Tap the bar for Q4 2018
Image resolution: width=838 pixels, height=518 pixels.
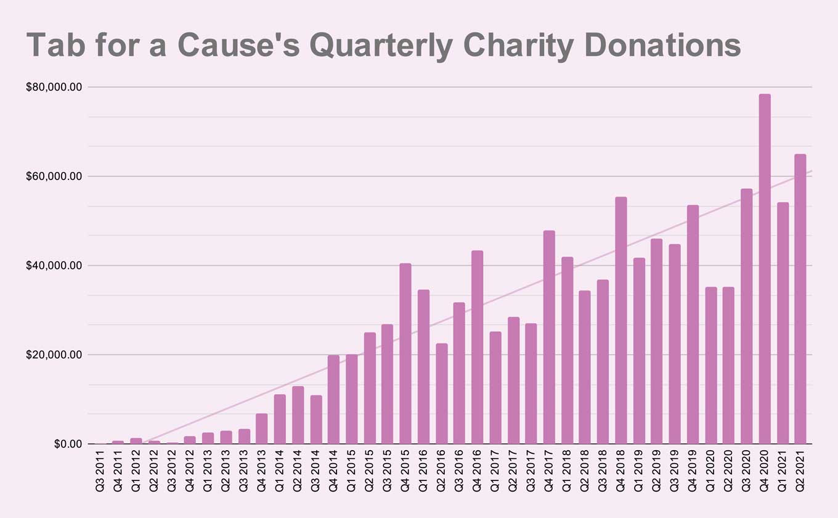tap(621, 321)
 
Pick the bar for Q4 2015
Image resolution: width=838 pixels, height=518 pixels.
tap(405, 354)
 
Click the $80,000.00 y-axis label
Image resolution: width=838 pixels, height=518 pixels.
tap(54, 88)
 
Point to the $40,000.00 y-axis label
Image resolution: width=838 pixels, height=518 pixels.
tap(54, 266)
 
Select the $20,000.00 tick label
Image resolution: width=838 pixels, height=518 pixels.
tap(54, 355)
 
